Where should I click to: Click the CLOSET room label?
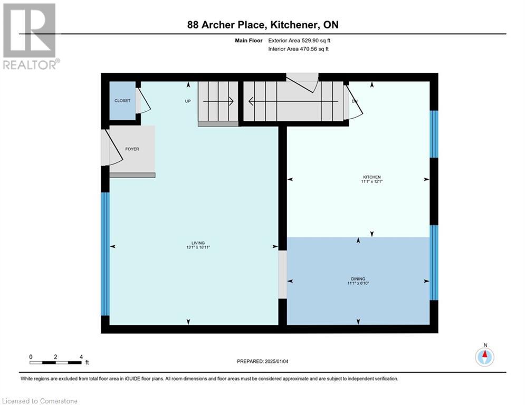point(122,101)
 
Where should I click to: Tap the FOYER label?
point(132,149)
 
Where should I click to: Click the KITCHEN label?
point(371,177)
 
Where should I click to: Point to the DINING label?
point(358,279)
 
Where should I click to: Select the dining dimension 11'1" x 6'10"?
point(358,284)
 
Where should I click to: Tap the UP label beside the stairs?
point(187,101)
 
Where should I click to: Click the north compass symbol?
point(484,356)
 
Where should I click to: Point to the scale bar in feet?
point(55,362)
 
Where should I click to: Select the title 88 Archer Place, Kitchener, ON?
point(263,25)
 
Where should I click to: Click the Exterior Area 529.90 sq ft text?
point(299,41)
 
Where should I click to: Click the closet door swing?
point(143,101)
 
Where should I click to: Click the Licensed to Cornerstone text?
point(40,401)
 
